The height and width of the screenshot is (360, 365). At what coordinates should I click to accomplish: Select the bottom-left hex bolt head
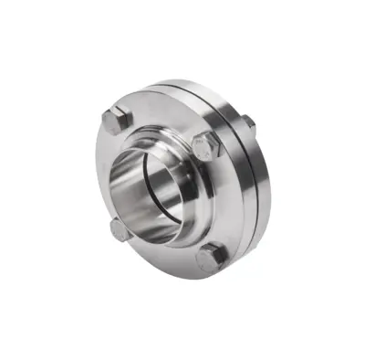[x=119, y=229]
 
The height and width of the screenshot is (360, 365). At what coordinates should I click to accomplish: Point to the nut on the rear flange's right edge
[x=247, y=122]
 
